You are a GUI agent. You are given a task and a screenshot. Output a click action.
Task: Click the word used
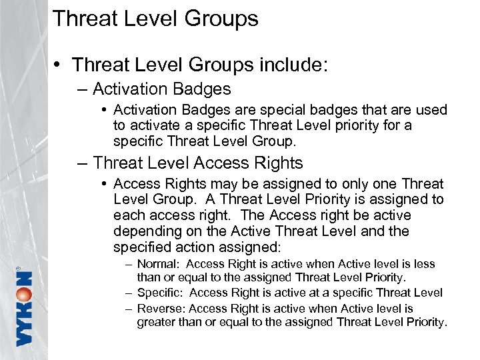coord(428,109)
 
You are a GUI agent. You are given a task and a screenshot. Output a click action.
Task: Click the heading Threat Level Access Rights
coord(198,163)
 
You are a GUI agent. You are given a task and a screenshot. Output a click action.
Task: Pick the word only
coord(341,183)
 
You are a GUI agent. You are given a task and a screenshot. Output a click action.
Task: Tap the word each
coord(128,215)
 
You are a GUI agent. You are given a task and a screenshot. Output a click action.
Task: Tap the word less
coord(423,264)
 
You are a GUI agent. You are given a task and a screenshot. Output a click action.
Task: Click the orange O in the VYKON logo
coord(25,295)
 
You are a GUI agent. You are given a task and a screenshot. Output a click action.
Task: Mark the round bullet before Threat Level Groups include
coord(60,65)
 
